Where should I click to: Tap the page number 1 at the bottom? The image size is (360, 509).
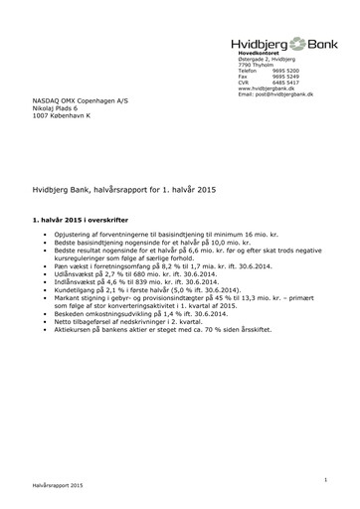pos(324,479)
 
